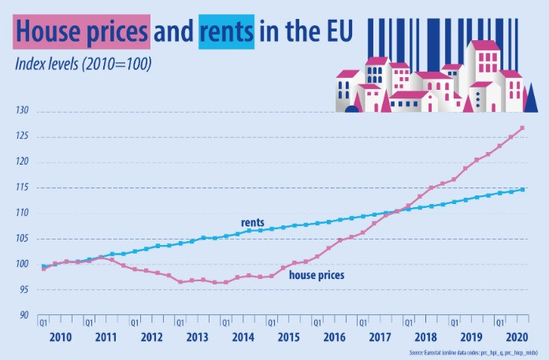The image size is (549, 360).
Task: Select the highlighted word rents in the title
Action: pos(226,32)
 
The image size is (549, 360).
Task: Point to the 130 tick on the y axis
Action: pos(21,111)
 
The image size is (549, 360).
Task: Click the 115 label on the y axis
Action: pos(21,187)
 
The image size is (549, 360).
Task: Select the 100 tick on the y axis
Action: pos(21,264)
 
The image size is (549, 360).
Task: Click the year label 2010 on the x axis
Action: pos(61,337)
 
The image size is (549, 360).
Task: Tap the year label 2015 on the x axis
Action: pos(289,337)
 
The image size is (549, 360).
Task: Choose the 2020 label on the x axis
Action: pos(517,337)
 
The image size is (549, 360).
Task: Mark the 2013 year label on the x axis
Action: pos(198,337)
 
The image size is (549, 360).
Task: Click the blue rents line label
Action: pos(252,222)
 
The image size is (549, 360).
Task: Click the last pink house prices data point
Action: pos(522,128)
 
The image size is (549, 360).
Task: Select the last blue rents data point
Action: pos(522,189)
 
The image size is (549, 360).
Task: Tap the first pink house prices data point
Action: pos(43,269)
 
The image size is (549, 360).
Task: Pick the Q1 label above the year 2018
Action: pos(407,322)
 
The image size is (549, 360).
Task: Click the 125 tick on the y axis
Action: pos(21,136)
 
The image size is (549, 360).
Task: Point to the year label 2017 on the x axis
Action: pos(380,337)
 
